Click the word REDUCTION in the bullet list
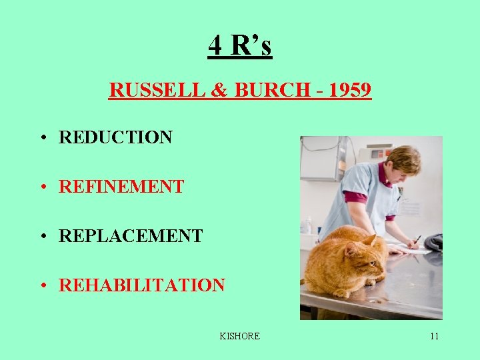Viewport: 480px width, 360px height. (115, 137)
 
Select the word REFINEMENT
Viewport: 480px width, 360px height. (121, 187)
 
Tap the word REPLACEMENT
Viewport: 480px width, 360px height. (131, 236)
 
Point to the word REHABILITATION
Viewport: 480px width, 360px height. (142, 285)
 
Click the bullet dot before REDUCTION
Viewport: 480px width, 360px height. (42, 138)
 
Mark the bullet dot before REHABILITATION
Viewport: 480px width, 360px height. (42, 286)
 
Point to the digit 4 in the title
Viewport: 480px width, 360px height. (215, 45)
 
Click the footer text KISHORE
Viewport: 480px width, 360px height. (239, 336)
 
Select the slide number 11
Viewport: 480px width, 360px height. (434, 336)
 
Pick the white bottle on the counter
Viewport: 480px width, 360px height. (307, 225)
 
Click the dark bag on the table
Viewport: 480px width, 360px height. (434, 242)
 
